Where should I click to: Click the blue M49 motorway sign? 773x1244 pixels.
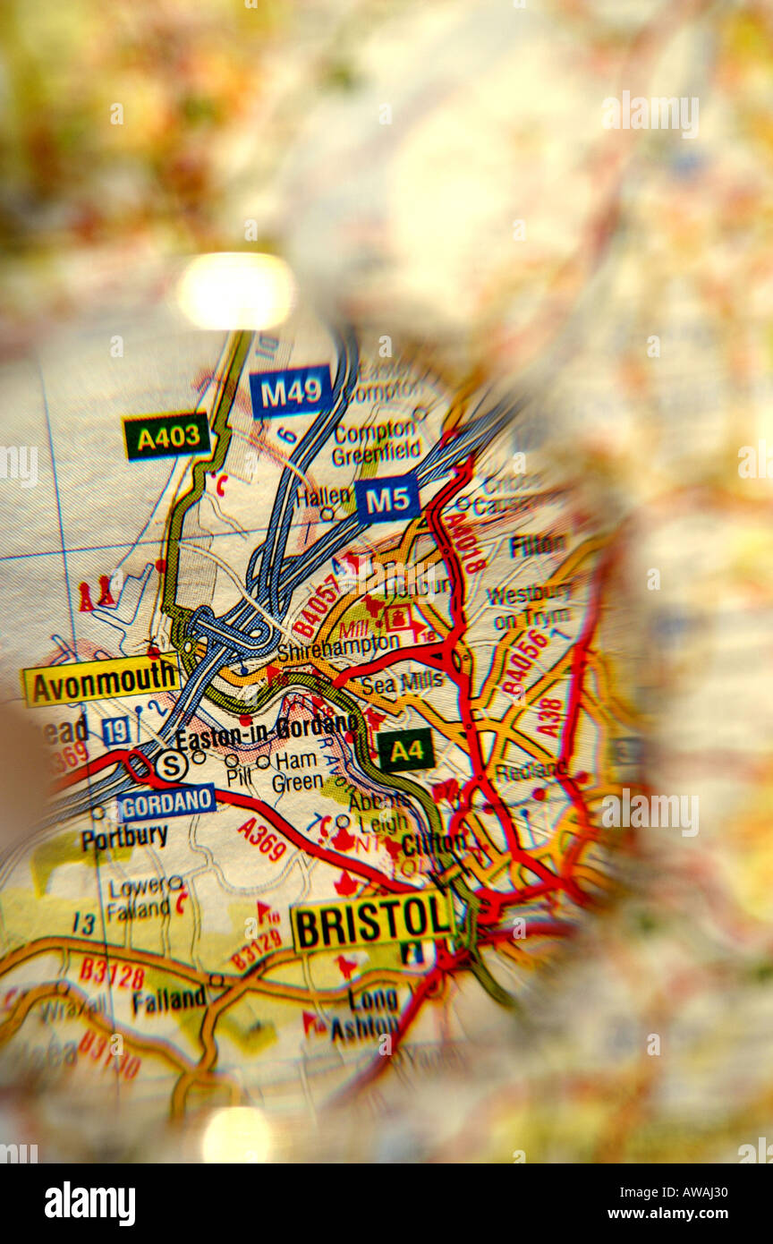tap(291, 391)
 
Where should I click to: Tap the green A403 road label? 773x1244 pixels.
tap(167, 437)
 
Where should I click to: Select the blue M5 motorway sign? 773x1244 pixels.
tap(387, 498)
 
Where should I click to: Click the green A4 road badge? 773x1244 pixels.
tap(406, 750)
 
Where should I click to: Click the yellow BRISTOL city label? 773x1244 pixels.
tap(371, 921)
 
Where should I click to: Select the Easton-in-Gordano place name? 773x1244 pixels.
tap(267, 729)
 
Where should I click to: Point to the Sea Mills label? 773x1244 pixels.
tap(403, 682)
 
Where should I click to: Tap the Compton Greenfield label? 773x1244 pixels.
tap(377, 444)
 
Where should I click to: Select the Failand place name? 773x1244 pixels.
tap(169, 999)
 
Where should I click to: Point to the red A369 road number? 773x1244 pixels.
tap(262, 839)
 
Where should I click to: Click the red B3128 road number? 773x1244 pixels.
tap(112, 973)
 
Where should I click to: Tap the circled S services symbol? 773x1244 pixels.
tap(171, 765)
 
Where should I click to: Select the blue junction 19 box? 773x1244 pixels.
tap(115, 731)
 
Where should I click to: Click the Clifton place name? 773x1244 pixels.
tap(434, 843)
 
